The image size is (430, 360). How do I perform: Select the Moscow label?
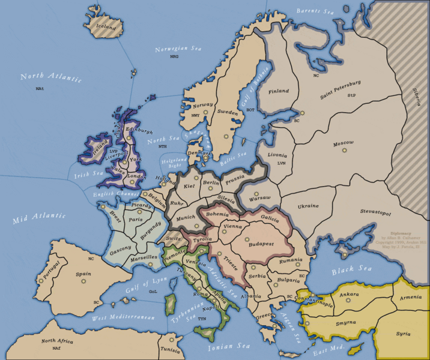(344, 143)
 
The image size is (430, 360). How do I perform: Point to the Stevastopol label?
(359, 212)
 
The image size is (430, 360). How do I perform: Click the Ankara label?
(349, 295)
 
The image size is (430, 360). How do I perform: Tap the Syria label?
(403, 334)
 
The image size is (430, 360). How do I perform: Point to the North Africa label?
(57, 341)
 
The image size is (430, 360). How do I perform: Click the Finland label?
(279, 92)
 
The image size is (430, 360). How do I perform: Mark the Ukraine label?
(308, 206)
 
